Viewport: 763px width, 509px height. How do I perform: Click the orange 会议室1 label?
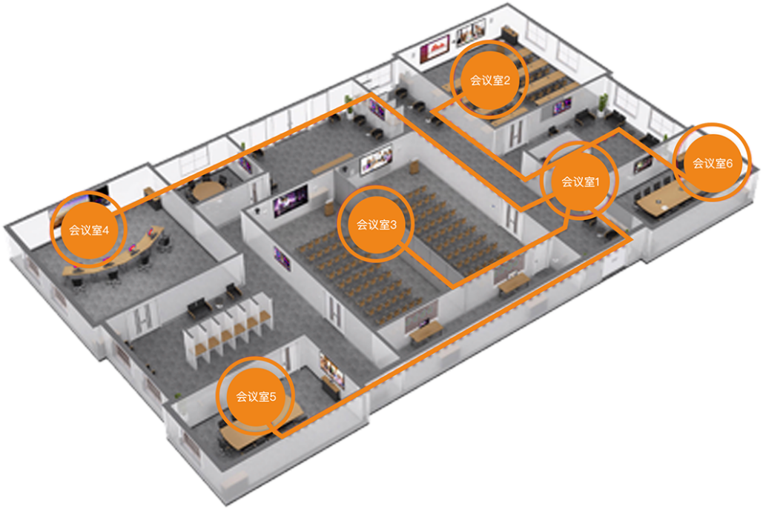(x=580, y=182)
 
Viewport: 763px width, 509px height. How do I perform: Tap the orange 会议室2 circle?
(x=489, y=80)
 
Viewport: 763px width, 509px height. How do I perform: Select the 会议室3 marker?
(x=376, y=224)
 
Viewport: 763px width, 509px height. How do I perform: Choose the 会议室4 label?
(x=88, y=230)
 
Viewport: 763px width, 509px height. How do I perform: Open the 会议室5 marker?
(x=256, y=396)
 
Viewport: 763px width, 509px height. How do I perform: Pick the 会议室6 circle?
(x=713, y=163)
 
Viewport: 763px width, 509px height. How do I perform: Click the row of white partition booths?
(x=228, y=330)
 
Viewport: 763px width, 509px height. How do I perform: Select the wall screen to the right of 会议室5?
(x=332, y=369)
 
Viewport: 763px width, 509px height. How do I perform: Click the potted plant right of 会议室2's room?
(x=604, y=105)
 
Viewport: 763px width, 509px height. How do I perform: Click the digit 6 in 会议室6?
(x=729, y=163)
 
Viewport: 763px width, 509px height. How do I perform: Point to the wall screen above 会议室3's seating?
(x=376, y=160)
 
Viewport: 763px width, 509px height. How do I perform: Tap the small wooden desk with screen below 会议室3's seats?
(x=426, y=330)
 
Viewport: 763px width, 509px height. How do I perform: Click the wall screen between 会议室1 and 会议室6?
(x=642, y=164)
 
